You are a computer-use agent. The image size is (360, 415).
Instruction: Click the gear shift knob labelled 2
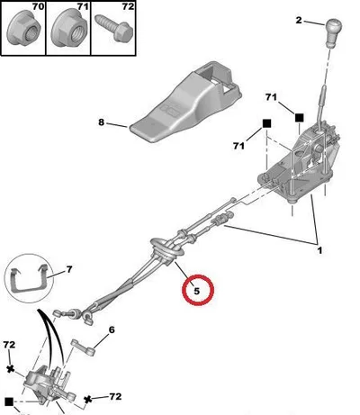coord(333,32)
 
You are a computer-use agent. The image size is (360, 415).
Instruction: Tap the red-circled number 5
coord(197,291)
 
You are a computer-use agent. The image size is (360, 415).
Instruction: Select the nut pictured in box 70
coord(23,31)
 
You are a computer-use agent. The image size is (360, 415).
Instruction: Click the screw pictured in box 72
coord(114,28)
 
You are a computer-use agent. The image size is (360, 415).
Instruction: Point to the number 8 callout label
coord(102,122)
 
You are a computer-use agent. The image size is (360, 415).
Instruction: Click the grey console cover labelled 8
coord(186,101)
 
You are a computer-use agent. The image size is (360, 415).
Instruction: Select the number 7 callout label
coord(69,270)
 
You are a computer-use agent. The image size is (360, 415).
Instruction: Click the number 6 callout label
coord(112,329)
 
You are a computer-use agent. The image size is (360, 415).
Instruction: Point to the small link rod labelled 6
coord(83,347)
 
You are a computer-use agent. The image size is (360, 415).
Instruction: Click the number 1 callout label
coord(319,250)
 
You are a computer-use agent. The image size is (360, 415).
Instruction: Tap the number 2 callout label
coord(299,21)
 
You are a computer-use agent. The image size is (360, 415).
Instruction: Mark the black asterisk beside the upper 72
coord(11,368)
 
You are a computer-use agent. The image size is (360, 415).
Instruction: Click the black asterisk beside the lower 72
coord(87,400)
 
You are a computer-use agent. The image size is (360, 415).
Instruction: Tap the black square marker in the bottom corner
coord(9,401)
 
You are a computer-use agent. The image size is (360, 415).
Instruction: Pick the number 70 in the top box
coord(38,6)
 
